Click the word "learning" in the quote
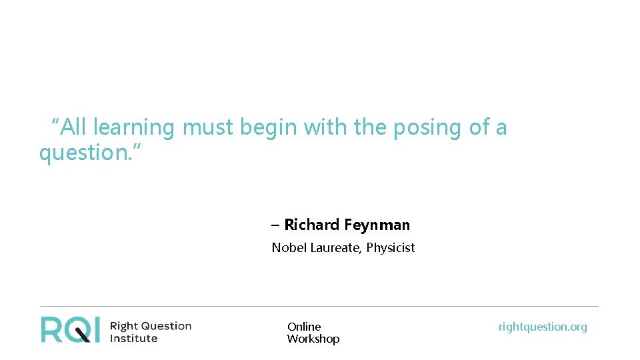click(x=133, y=127)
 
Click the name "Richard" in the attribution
click(x=312, y=225)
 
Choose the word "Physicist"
click(x=391, y=248)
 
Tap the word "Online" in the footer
click(x=304, y=327)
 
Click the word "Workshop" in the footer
click(x=313, y=339)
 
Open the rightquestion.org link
click(x=543, y=327)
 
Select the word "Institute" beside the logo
click(x=133, y=338)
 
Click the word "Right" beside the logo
click(x=123, y=326)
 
